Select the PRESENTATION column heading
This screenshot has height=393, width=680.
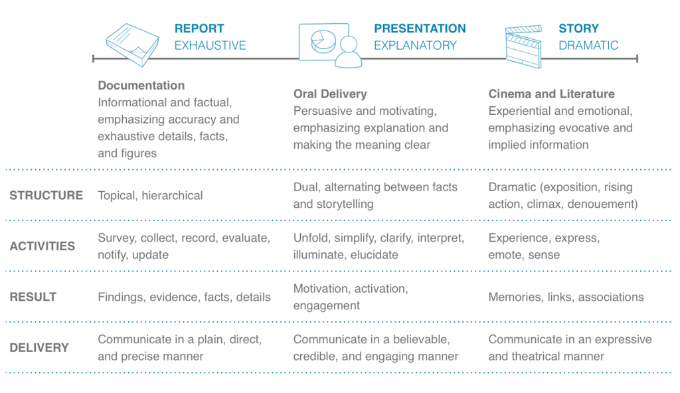click(420, 29)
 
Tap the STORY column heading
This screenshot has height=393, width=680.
click(578, 29)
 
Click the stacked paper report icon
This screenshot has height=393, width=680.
click(133, 45)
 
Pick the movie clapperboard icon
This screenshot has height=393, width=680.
click(523, 46)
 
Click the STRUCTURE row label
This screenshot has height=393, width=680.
click(46, 196)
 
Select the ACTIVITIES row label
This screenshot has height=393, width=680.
click(42, 246)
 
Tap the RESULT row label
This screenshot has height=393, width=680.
click(33, 297)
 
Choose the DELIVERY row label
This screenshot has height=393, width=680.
click(39, 348)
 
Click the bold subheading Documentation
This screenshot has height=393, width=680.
click(141, 86)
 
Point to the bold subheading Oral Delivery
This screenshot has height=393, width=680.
click(330, 94)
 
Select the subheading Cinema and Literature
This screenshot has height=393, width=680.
click(552, 94)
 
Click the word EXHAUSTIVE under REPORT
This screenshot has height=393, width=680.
click(210, 46)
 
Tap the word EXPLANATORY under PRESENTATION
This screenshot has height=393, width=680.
click(415, 46)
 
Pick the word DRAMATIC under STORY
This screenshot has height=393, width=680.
click(588, 46)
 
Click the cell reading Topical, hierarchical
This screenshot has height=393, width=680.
click(150, 196)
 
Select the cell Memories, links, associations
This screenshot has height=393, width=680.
click(566, 297)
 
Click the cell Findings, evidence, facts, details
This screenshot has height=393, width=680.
click(184, 297)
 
